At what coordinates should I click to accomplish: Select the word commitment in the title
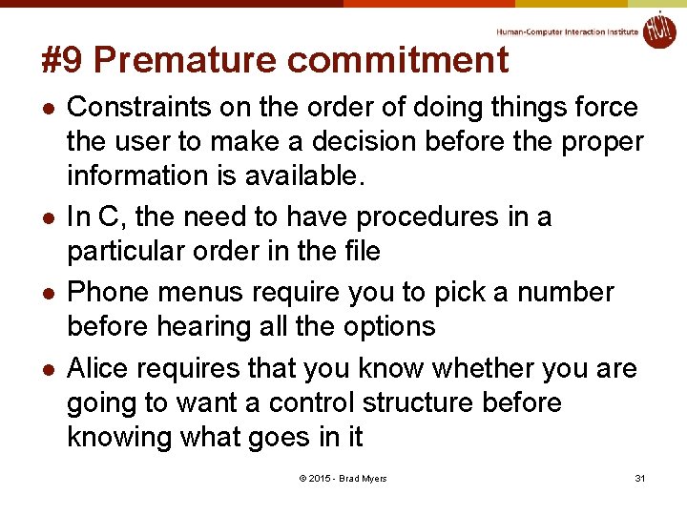[397, 60]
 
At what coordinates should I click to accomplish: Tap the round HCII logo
[658, 31]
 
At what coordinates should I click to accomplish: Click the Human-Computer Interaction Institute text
[567, 31]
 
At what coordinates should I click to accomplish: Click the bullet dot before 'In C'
[49, 218]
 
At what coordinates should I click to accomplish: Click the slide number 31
[640, 478]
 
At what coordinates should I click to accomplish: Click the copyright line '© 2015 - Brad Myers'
[343, 478]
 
